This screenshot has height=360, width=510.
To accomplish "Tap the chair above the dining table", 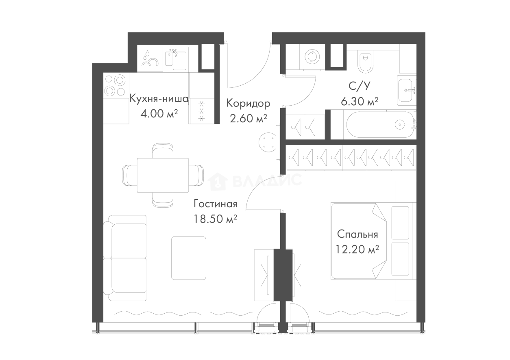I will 163,150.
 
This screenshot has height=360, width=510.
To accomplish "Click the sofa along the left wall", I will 126,258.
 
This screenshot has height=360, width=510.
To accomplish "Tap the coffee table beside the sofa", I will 189,258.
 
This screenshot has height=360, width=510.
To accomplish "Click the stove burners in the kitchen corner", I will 112,83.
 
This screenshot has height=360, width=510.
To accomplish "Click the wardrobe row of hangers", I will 350,156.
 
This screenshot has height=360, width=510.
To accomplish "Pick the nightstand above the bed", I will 403,190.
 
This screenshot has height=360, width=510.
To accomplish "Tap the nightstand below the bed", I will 403,291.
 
